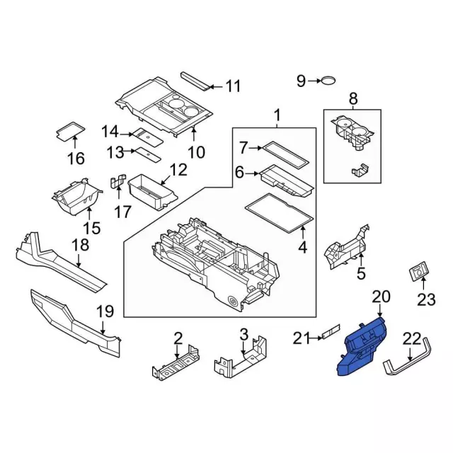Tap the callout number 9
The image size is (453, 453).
301,81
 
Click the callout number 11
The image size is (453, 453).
233,87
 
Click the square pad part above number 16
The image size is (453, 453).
69,130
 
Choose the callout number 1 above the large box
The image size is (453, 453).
277,115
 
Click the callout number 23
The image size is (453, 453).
425,299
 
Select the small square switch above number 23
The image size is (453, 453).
420,270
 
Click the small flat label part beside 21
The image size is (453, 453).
330,333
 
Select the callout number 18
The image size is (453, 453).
81,245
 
